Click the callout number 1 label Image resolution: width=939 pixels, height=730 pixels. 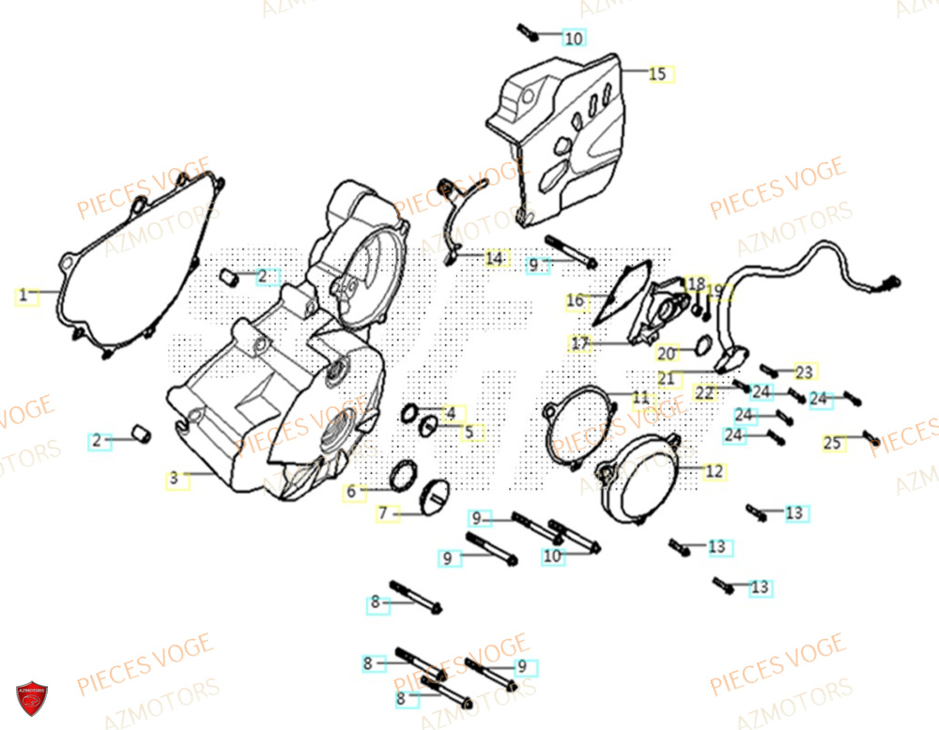[23, 296]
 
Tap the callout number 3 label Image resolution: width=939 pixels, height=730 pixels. [174, 479]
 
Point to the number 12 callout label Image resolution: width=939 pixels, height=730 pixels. [715, 471]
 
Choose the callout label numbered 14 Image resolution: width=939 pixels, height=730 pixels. [494, 258]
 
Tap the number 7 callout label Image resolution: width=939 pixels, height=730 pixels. [383, 513]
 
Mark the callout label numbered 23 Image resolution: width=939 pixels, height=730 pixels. [804, 371]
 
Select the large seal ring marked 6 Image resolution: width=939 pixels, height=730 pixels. [403, 476]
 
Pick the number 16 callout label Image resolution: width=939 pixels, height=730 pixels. [575, 301]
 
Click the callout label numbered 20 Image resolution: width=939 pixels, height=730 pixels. [666, 354]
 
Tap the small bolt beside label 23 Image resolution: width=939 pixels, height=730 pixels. [771, 370]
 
